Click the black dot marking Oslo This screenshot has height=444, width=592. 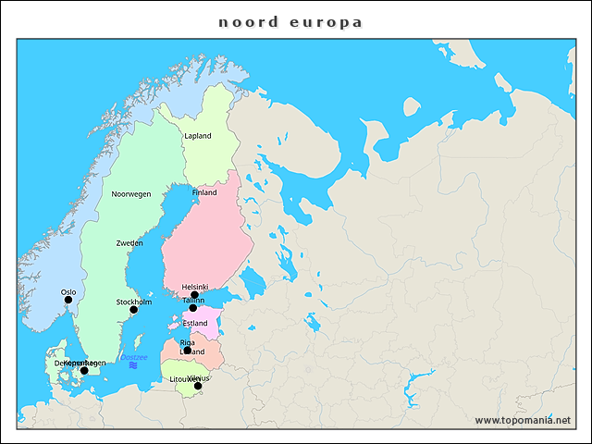click(x=68, y=300)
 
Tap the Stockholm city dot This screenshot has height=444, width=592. click(x=133, y=310)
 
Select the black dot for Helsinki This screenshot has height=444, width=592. click(x=194, y=295)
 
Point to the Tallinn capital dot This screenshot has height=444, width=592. click(x=192, y=308)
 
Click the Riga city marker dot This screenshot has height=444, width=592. click(x=187, y=351)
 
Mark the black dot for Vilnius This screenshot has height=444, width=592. click(x=197, y=386)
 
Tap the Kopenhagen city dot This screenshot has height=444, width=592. click(x=84, y=371)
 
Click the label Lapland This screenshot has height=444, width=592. click(x=197, y=136)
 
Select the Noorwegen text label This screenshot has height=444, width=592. click(x=130, y=194)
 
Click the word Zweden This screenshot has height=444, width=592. click(x=129, y=242)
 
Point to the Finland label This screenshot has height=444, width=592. click(x=204, y=193)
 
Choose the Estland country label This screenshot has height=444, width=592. click(x=195, y=323)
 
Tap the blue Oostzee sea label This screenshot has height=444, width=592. click(x=134, y=357)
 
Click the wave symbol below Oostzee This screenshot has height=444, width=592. click(x=134, y=367)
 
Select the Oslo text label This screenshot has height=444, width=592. click(x=68, y=291)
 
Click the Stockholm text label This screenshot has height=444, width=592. click(x=134, y=302)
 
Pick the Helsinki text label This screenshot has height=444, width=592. click(x=195, y=287)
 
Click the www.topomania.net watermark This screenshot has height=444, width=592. click(x=523, y=420)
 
